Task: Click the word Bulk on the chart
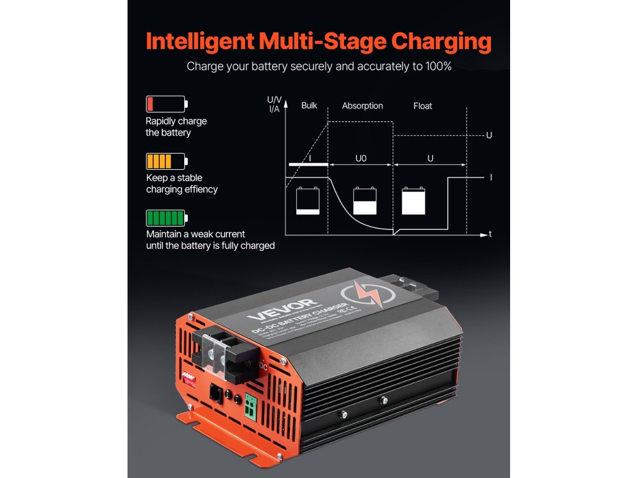click(x=309, y=106)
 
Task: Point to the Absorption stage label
click(x=362, y=106)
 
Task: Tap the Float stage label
click(x=422, y=106)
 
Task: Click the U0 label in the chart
click(x=361, y=159)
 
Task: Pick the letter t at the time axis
click(x=491, y=235)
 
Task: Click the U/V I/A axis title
click(x=274, y=105)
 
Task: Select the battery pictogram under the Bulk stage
click(x=308, y=201)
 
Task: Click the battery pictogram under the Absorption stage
click(x=365, y=201)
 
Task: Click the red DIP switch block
click(x=189, y=377)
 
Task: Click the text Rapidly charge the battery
click(x=176, y=127)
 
